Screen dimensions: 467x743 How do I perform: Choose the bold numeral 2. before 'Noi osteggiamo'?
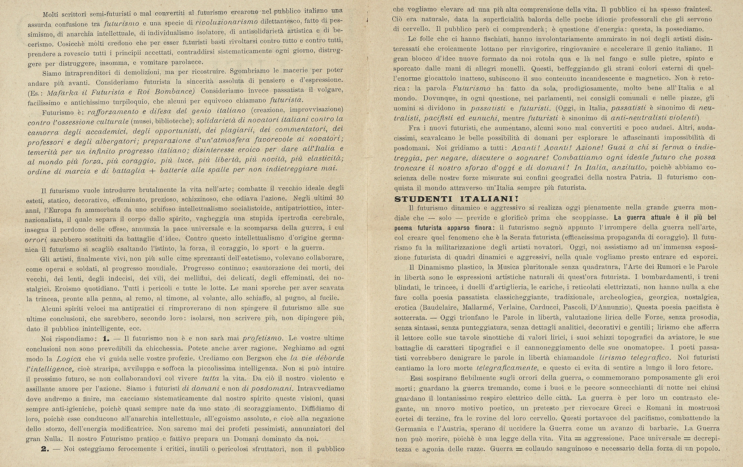click(x=46, y=449)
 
